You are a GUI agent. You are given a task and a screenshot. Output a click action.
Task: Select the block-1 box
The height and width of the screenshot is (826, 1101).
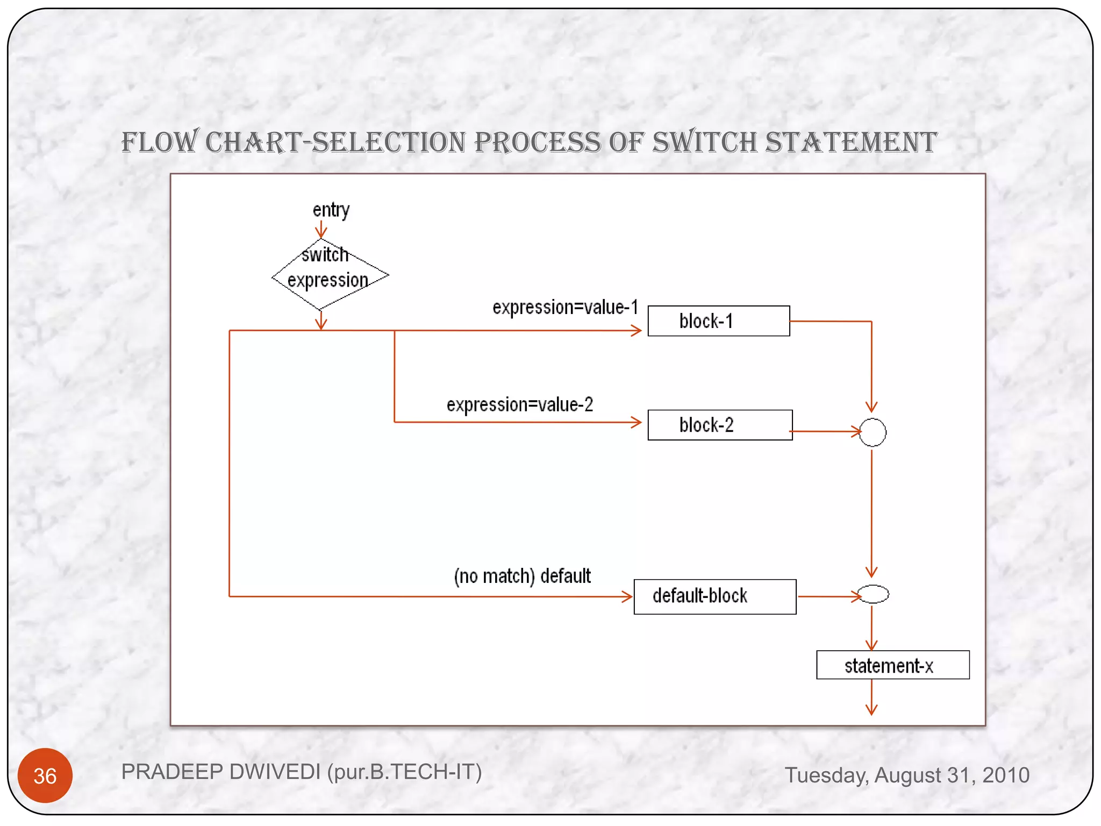718,321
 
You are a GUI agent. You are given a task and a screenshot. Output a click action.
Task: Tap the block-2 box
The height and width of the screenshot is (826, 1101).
719,425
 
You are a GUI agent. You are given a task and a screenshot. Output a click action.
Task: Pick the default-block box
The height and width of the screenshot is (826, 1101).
714,596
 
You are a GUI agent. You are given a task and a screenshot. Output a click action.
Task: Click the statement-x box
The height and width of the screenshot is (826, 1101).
892,665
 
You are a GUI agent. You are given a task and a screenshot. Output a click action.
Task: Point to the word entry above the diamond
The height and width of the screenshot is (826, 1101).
331,210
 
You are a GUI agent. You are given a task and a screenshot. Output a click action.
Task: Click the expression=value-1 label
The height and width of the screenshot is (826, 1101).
565,307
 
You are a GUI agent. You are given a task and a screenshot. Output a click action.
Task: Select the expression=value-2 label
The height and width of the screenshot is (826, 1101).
519,404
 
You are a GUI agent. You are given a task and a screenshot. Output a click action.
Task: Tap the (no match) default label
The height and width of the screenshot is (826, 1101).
522,576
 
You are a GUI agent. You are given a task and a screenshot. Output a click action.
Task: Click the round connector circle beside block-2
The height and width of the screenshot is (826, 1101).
872,432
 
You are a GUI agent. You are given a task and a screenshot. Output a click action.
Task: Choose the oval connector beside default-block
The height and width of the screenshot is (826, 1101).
873,594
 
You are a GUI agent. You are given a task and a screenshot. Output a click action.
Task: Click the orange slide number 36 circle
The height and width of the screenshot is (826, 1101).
45,775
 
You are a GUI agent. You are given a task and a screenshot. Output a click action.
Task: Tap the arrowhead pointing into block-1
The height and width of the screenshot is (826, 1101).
638,330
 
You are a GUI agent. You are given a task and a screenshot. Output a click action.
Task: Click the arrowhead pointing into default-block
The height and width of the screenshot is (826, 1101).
627,596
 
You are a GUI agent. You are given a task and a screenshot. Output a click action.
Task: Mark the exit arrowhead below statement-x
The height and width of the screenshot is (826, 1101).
871,710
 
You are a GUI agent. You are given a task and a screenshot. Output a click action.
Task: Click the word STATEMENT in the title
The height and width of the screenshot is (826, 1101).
850,143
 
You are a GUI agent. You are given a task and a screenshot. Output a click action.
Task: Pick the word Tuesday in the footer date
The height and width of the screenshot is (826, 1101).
826,775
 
